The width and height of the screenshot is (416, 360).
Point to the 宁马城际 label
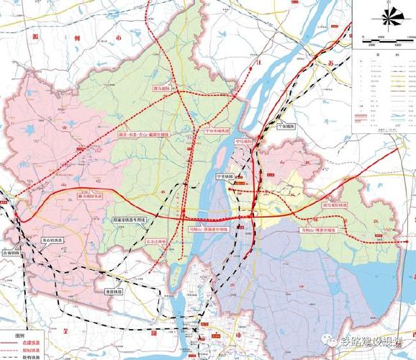pos(246,142)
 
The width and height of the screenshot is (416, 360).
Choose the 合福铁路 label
pos(13,253)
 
